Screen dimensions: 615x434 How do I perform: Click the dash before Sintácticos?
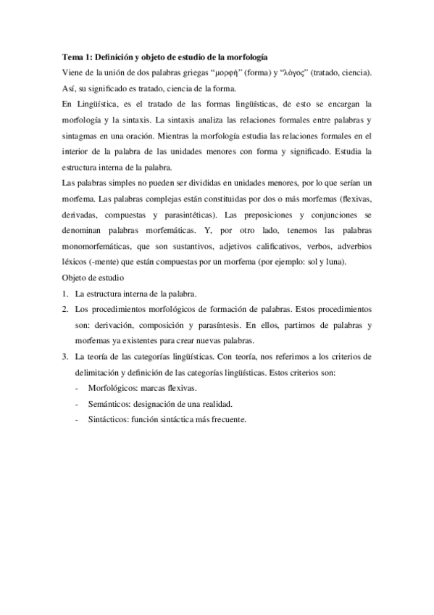tap(78, 420)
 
